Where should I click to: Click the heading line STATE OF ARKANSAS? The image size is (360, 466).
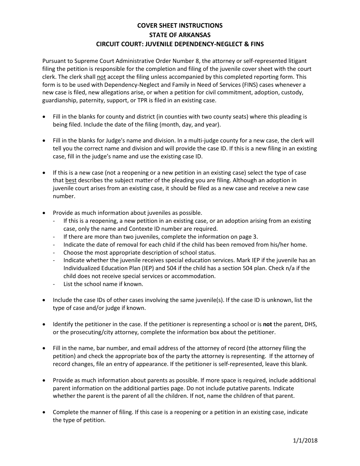[180, 34]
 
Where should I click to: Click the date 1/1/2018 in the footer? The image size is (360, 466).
[305, 440]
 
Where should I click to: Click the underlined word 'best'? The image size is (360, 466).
[71, 180]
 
